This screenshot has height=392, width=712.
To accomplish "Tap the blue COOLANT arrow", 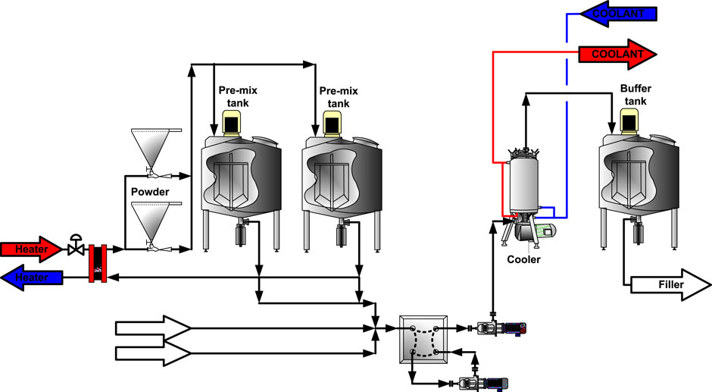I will tap(618, 13).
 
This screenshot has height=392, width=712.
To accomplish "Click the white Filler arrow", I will tap(667, 286).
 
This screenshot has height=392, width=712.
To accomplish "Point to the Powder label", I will tap(149, 192).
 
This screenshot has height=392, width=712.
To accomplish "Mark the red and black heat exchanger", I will tap(96, 262).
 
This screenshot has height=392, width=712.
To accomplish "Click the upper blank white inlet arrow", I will tap(151, 328).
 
